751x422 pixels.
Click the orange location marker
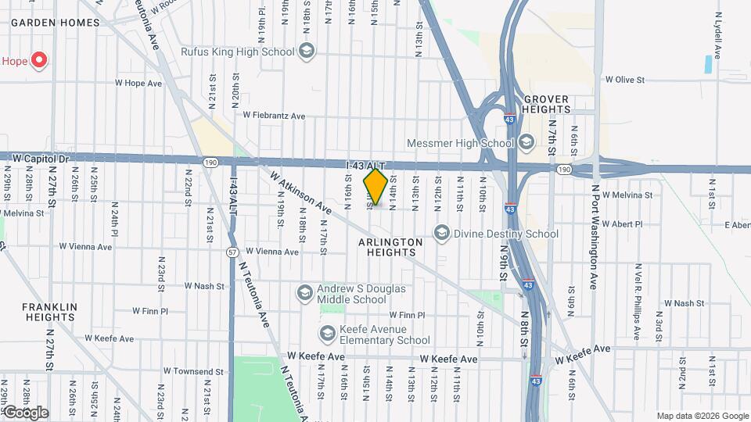[375, 187]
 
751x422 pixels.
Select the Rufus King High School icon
[307, 52]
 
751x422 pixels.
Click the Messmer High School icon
[526, 142]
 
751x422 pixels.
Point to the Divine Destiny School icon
[442, 233]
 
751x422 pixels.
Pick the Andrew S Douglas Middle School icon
[304, 293]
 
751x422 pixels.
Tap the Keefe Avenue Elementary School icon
[327, 334]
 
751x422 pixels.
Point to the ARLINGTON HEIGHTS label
[379, 248]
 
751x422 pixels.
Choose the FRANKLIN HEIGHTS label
[49, 312]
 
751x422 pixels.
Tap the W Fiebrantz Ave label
[274, 115]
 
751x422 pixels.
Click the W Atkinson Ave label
[301, 193]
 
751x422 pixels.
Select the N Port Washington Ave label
[595, 237]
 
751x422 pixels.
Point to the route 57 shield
[232, 252]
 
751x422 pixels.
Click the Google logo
[25, 413]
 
